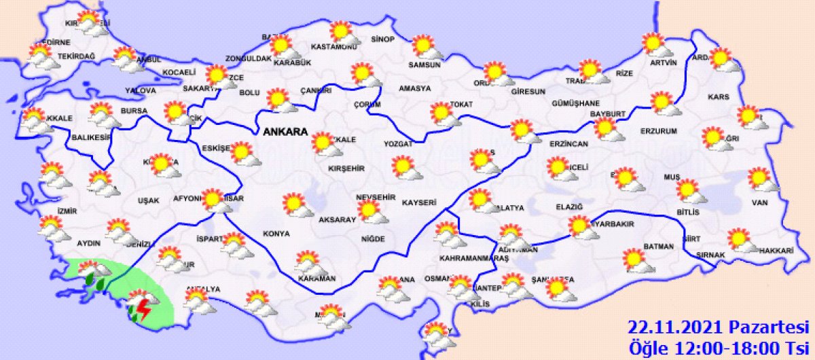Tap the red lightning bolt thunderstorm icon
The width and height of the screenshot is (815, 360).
pyautogui.click(x=143, y=309)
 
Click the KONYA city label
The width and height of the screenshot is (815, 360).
pyautogui.click(x=276, y=234)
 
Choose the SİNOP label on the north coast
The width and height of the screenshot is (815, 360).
pyautogui.click(x=383, y=39)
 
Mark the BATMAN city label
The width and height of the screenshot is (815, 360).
pyautogui.click(x=658, y=247)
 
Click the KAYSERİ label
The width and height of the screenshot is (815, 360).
pyautogui.click(x=418, y=203)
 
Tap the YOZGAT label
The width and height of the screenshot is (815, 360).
pyautogui.click(x=398, y=145)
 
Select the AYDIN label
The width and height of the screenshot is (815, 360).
pyautogui.click(x=89, y=243)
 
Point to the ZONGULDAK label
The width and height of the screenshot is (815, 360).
pyautogui.click(x=249, y=59)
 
